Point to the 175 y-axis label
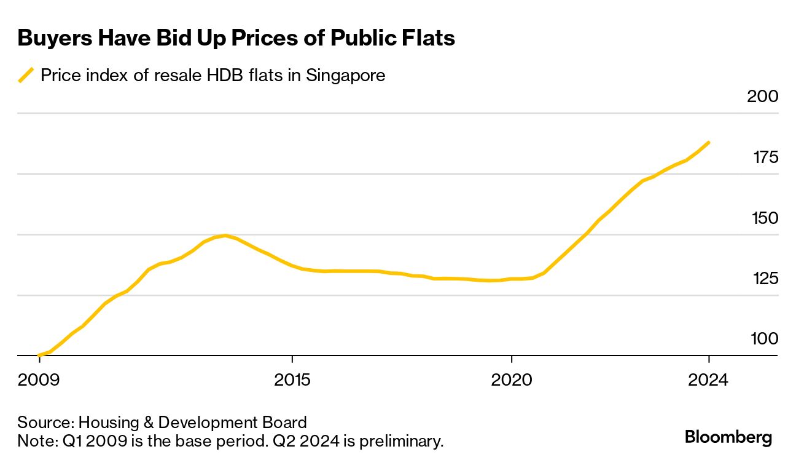point(765,158)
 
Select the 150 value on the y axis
point(765,218)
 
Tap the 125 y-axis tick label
point(765,279)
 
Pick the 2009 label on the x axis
point(39,380)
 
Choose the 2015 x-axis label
point(292,380)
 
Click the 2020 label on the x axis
point(512,380)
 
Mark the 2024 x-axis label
point(708,380)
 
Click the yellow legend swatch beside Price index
point(26,76)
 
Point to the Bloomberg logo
point(728,437)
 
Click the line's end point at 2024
point(709,143)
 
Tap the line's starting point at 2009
point(39,355)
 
